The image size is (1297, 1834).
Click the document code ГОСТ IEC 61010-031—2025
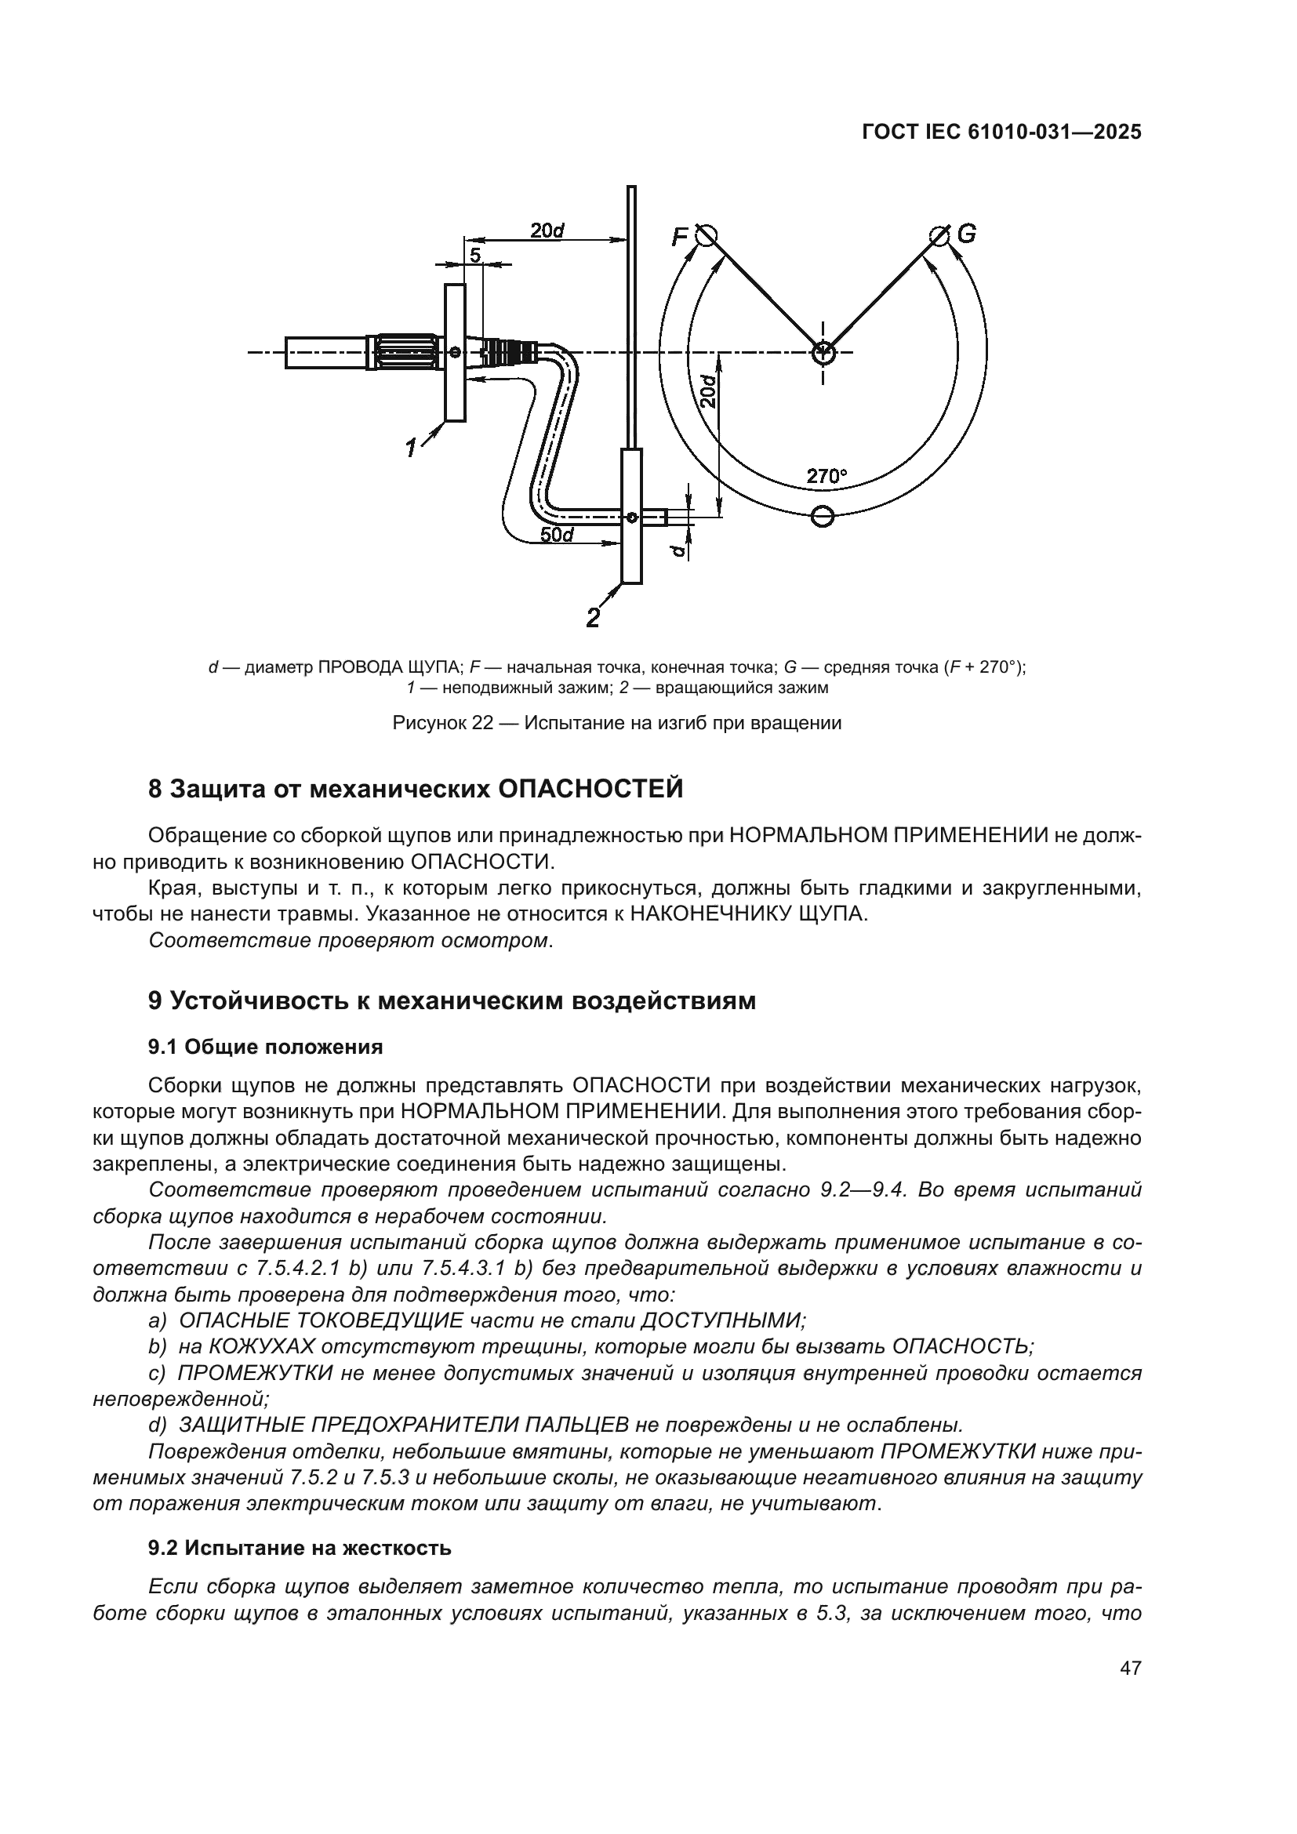click(x=1001, y=133)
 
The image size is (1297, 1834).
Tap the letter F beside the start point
click(x=680, y=238)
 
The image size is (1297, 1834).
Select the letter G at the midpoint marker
click(x=966, y=234)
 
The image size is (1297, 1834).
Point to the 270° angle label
click(x=826, y=477)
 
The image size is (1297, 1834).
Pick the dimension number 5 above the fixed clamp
click(x=475, y=256)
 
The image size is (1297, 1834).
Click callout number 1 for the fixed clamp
click(x=412, y=449)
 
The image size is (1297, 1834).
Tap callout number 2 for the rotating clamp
click(x=593, y=618)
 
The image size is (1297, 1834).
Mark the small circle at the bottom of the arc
click(x=822, y=517)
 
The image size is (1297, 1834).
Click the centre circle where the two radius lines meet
click(x=823, y=351)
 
